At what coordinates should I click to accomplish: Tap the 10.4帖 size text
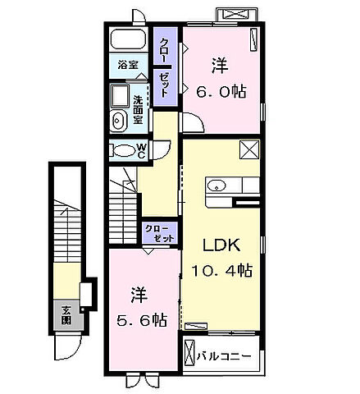(221, 270)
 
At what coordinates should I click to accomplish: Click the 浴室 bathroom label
(128, 65)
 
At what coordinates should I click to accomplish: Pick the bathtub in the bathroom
(127, 41)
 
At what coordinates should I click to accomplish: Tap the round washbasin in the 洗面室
(118, 121)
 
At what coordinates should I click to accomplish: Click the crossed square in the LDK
(249, 149)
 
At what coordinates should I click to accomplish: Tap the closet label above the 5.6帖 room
(157, 232)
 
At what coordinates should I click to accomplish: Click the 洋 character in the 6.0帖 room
(221, 62)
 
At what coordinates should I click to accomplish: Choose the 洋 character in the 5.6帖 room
(138, 293)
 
